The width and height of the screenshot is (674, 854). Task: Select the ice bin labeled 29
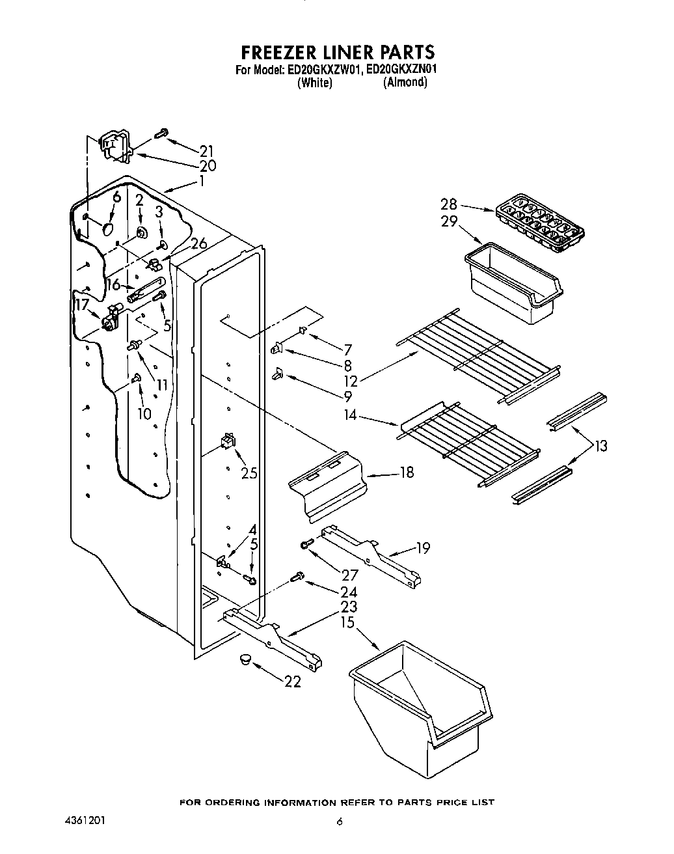[513, 281]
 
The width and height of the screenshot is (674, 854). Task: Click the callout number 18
[407, 472]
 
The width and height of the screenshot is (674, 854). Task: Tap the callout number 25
[249, 473]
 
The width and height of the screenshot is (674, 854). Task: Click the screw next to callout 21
[161, 133]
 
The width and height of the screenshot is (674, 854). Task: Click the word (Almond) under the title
[405, 82]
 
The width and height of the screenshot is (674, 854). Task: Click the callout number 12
[350, 381]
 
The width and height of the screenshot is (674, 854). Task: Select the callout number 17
[82, 305]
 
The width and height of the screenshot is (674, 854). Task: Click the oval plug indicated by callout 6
[109, 230]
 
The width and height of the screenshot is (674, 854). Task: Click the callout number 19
[422, 548]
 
